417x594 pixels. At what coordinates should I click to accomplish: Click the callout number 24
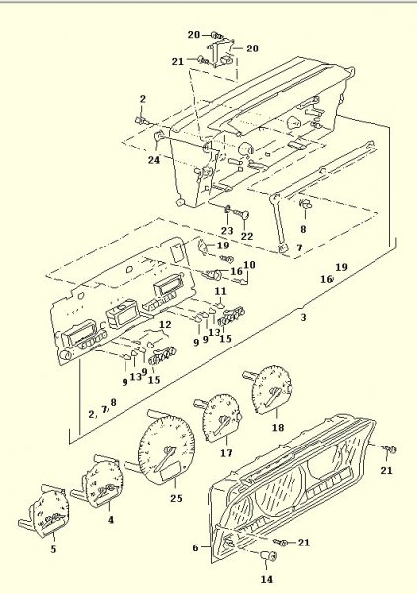(155, 159)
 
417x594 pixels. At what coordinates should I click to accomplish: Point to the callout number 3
(304, 318)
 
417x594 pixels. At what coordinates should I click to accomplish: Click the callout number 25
(176, 497)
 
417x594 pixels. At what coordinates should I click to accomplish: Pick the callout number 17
(226, 454)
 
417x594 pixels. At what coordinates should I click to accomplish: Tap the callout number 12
(165, 324)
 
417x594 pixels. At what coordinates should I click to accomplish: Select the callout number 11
(221, 293)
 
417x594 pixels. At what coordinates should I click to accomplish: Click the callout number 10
(249, 265)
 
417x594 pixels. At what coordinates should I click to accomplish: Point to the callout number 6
(195, 547)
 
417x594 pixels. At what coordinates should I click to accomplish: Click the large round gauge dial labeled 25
(159, 451)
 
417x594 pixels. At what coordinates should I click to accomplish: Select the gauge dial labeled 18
(270, 392)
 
